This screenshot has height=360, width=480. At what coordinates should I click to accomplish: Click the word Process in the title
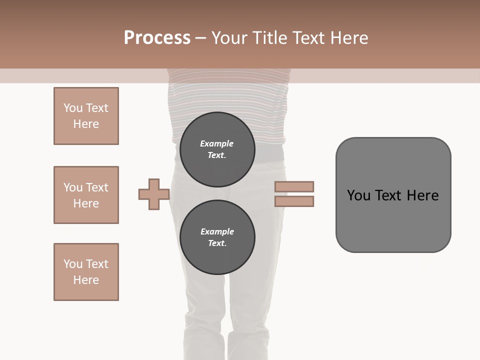(x=157, y=38)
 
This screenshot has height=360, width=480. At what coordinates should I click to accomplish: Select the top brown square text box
(x=86, y=116)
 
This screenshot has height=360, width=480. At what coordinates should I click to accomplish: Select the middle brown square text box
(x=86, y=195)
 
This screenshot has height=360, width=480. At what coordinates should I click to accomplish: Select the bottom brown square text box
(x=86, y=272)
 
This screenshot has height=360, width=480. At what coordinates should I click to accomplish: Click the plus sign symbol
(x=154, y=194)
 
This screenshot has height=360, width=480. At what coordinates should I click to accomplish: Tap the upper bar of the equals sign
(x=294, y=186)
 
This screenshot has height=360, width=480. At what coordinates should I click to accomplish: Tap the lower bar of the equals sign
(x=294, y=201)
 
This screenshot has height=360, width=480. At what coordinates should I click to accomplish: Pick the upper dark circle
(x=217, y=149)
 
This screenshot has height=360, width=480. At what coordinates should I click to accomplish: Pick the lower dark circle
(x=217, y=237)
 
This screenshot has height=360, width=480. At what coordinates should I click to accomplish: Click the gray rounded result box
(x=393, y=195)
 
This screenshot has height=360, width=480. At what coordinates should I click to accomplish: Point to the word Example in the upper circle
(x=217, y=143)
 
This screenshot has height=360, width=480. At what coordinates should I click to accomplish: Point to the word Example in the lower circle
(x=217, y=231)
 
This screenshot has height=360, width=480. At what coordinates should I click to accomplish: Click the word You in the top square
(x=73, y=108)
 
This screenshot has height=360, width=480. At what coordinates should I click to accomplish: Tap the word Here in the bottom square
(x=86, y=280)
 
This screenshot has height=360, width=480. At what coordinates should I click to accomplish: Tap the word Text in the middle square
(x=97, y=187)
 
